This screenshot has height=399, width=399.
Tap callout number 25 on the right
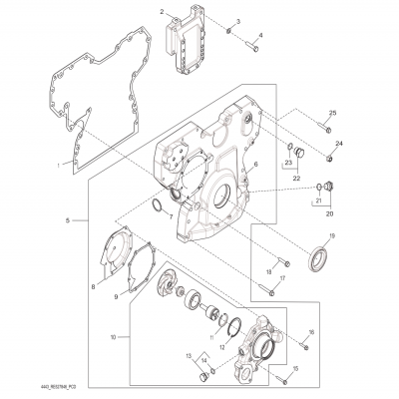coord(333,112)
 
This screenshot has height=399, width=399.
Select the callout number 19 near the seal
coord(332,235)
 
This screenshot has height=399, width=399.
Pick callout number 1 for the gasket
coord(58,164)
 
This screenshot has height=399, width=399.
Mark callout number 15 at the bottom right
coord(324,368)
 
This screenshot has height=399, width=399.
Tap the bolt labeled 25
coord(326,129)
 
